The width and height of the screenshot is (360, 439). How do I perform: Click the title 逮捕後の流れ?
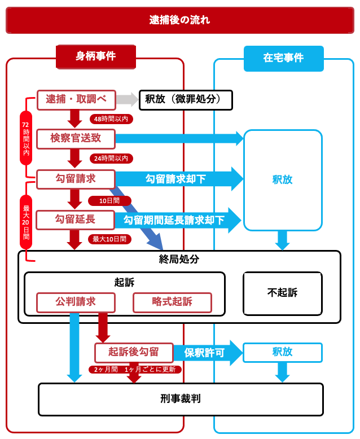pos(179,20)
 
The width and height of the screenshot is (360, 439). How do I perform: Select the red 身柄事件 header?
pos(96,56)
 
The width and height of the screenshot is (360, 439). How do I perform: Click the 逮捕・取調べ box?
pos(76,100)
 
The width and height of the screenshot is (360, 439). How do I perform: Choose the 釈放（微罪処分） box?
pos(186,100)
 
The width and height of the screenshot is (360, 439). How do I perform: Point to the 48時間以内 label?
pos(111,119)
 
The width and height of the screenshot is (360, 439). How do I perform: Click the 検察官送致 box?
pos(76,139)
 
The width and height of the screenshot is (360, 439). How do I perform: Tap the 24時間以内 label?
pos(111,159)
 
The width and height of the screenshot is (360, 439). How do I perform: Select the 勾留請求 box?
pos(76,179)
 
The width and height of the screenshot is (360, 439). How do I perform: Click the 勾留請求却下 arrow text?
pos(175,179)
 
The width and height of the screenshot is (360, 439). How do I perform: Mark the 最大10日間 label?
pos(109,239)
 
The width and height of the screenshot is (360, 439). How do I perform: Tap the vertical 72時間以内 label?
pos(25,138)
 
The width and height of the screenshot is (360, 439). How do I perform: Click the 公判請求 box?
pos(76,302)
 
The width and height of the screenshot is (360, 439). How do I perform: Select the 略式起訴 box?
pos(172,302)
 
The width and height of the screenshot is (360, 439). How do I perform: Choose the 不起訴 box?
pos(282,293)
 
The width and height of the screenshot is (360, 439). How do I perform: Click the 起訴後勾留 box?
pos(134,352)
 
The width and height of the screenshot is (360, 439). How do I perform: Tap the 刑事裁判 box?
pos(181,399)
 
